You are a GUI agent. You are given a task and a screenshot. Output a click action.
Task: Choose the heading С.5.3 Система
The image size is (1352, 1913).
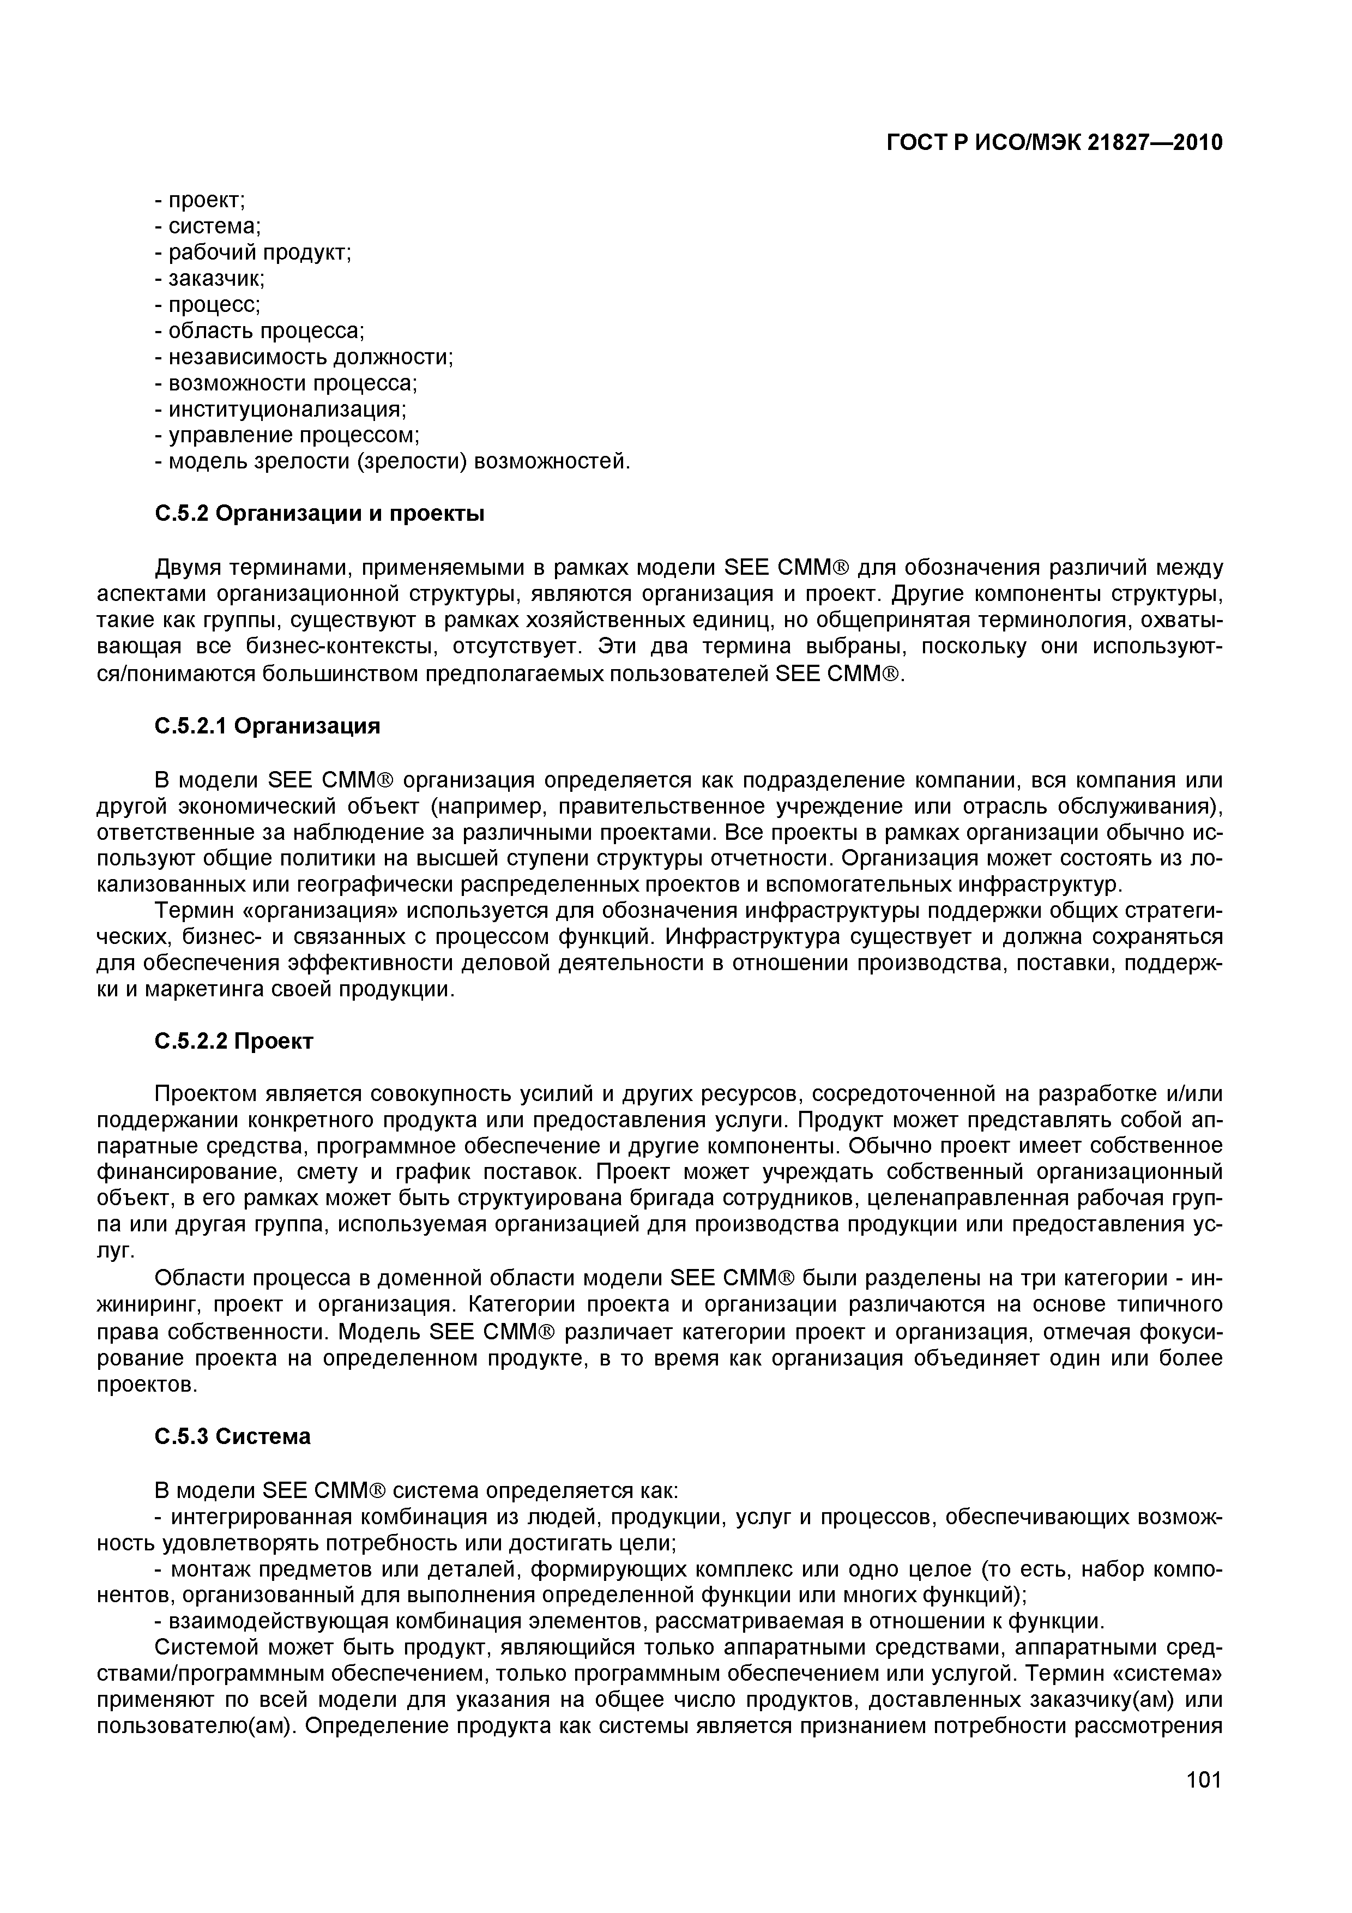(x=232, y=1436)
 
